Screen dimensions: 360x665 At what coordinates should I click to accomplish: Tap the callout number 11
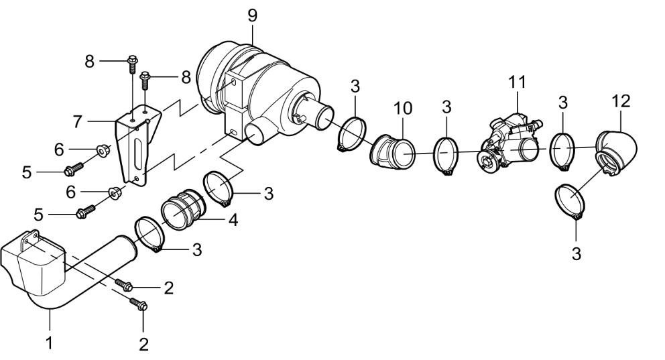tap(516, 82)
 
